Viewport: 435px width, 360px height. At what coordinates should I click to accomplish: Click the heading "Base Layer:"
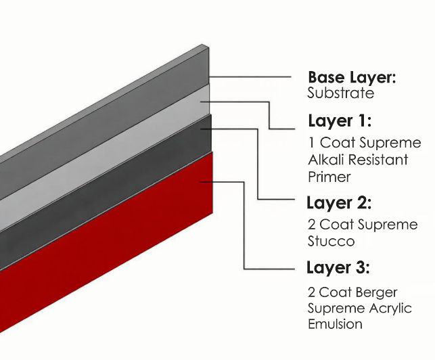tap(352, 77)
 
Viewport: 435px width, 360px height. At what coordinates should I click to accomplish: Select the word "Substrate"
tap(340, 93)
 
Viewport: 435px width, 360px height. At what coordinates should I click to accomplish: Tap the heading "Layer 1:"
tap(340, 121)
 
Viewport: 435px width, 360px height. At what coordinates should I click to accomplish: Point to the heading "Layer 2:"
tap(339, 203)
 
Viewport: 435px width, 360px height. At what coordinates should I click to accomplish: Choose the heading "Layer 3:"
tap(338, 267)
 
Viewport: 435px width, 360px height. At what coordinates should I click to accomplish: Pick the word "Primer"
tap(329, 177)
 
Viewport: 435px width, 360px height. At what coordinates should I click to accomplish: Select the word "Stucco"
tap(331, 241)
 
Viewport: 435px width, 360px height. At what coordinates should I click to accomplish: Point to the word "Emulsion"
tap(334, 324)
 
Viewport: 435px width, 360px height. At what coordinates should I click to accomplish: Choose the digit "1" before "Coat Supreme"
tap(311, 143)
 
